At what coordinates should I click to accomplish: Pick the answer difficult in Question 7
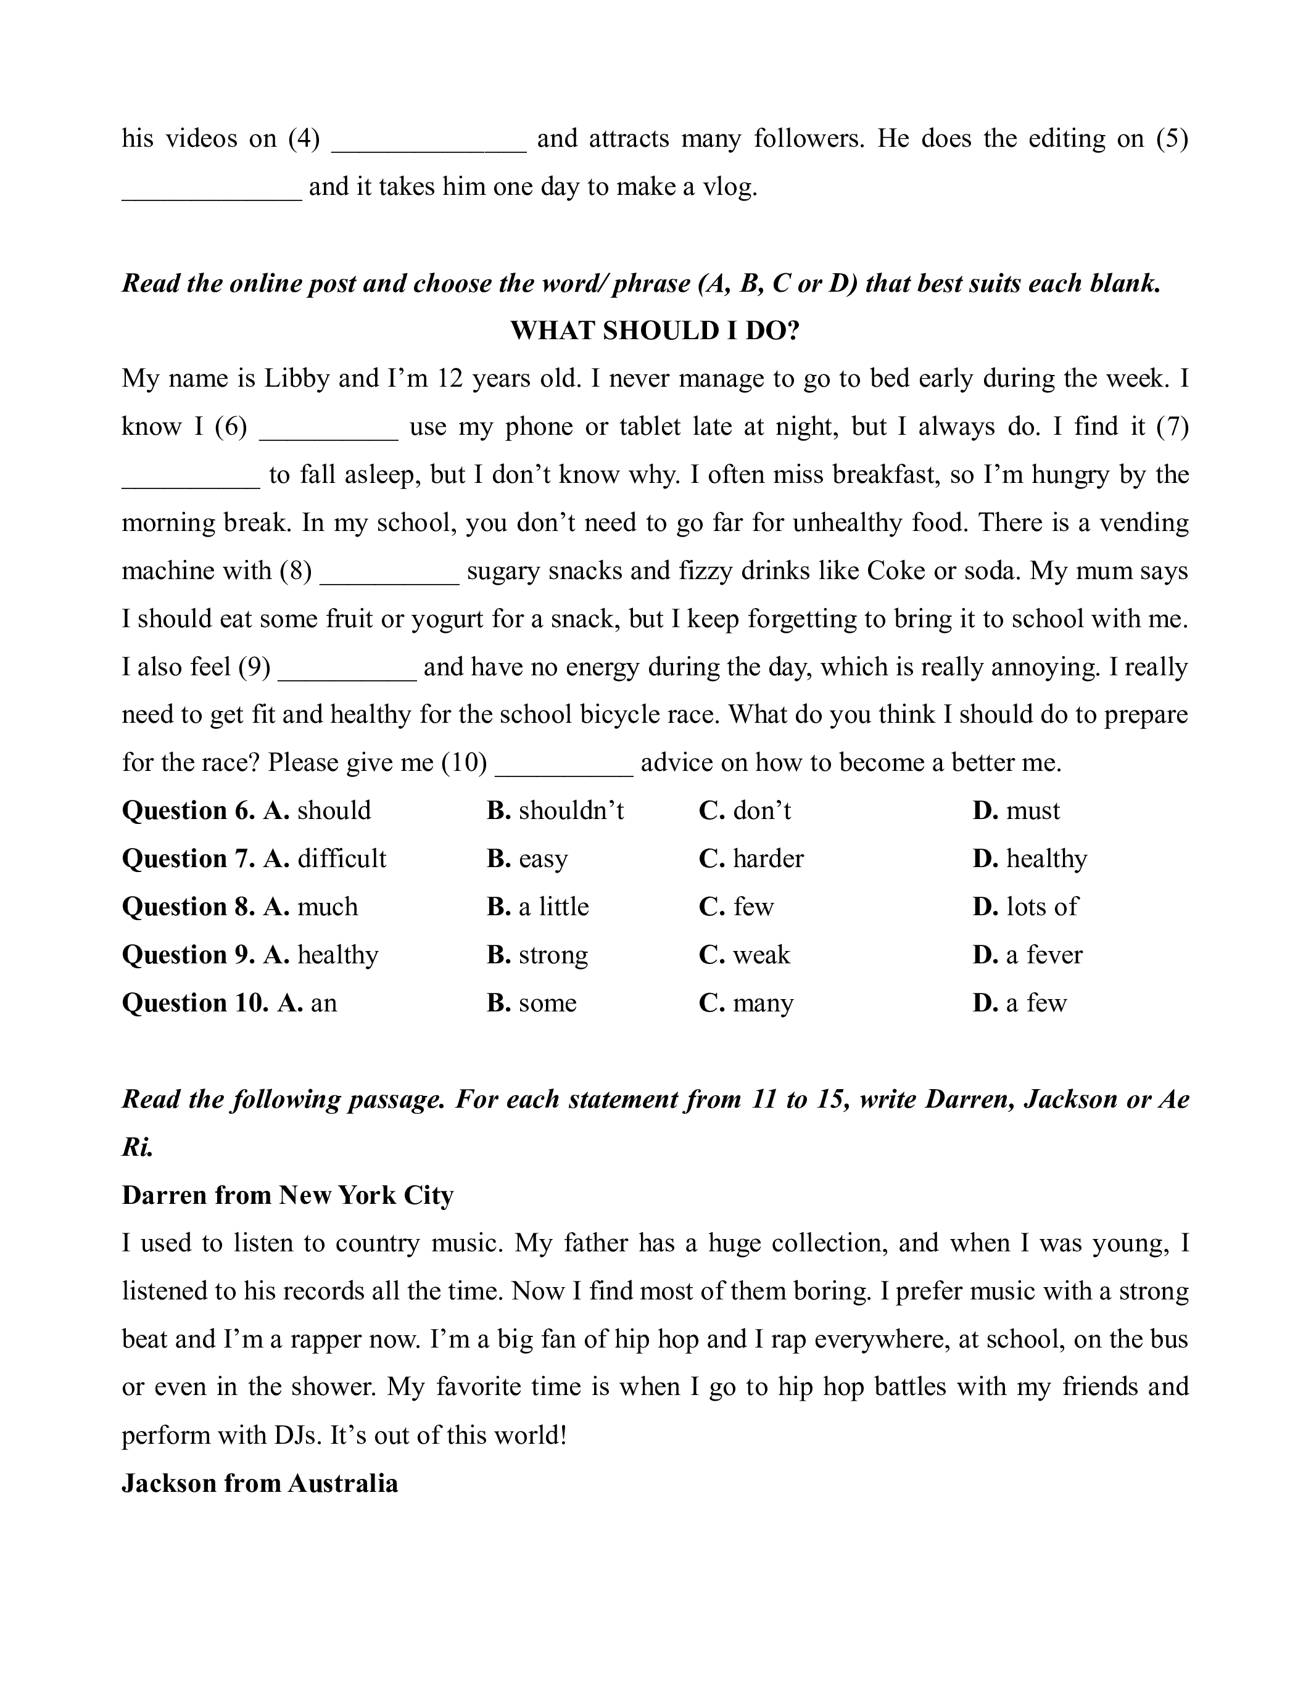point(341,859)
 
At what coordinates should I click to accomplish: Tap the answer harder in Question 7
point(767,859)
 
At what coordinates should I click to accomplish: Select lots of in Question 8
point(1041,907)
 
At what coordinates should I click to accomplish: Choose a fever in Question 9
point(1043,955)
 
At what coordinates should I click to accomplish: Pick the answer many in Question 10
point(763,1003)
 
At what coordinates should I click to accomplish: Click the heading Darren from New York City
point(287,1195)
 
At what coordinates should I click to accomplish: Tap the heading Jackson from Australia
point(259,1484)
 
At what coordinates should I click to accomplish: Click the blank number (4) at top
point(304,139)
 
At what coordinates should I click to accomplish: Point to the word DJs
point(297,1435)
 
